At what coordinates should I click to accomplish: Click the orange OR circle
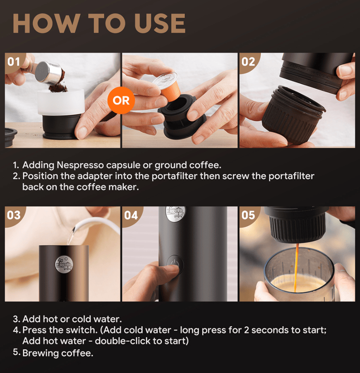tap(121, 100)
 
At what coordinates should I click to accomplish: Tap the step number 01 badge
tap(14, 62)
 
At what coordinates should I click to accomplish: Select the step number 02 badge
tap(248, 62)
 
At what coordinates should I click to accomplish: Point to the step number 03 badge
tap(14, 215)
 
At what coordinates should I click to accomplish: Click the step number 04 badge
tap(131, 215)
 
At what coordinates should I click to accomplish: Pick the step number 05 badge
tap(248, 215)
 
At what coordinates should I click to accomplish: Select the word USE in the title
tap(160, 23)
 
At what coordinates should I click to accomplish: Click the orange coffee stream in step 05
tap(296, 267)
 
